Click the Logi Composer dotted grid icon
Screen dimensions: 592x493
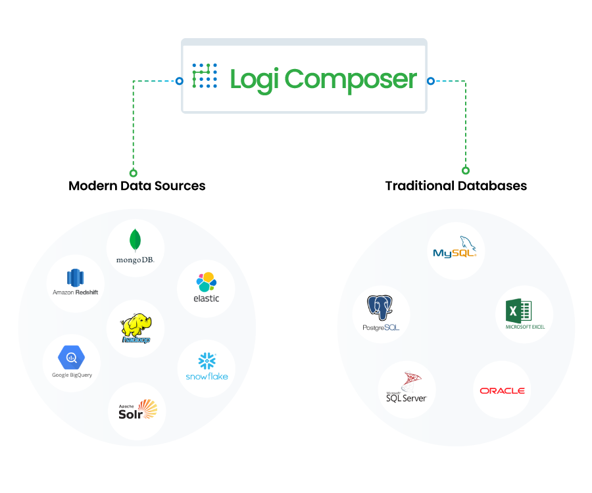coord(205,76)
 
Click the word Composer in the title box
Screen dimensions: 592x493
coord(351,80)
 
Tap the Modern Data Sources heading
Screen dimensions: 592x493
coord(137,186)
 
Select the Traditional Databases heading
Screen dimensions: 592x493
coord(456,186)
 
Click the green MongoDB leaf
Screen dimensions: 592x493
coord(135,241)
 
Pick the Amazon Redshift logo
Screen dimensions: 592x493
coord(75,282)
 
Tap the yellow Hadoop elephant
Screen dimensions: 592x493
coord(136,328)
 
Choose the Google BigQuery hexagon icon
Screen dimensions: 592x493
coord(71,357)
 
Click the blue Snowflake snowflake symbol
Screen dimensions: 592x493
coord(207,361)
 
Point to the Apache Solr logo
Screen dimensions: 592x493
coord(137,410)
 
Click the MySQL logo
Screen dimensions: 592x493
coord(455,247)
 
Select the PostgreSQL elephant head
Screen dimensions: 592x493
coord(380,308)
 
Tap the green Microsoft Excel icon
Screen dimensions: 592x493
coord(518,311)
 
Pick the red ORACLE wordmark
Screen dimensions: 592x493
coord(502,390)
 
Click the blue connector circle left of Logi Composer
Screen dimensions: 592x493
coord(180,81)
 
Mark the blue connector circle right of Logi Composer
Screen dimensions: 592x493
coord(431,81)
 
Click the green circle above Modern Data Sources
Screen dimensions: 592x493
coord(134,173)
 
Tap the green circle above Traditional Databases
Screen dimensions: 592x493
coord(466,170)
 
